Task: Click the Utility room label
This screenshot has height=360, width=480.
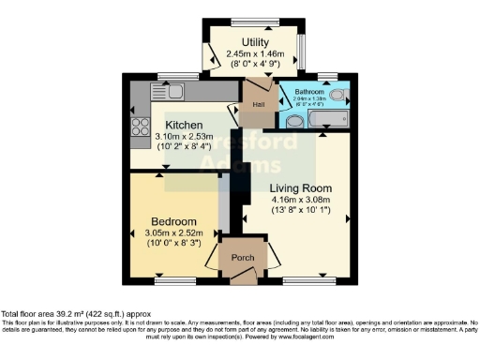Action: point(255,42)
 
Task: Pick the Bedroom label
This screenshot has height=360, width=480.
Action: point(173,221)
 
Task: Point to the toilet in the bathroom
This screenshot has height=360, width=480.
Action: point(292,121)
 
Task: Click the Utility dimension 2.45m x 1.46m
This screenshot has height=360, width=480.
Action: point(255,54)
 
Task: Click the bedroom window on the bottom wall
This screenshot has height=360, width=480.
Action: point(173,278)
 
